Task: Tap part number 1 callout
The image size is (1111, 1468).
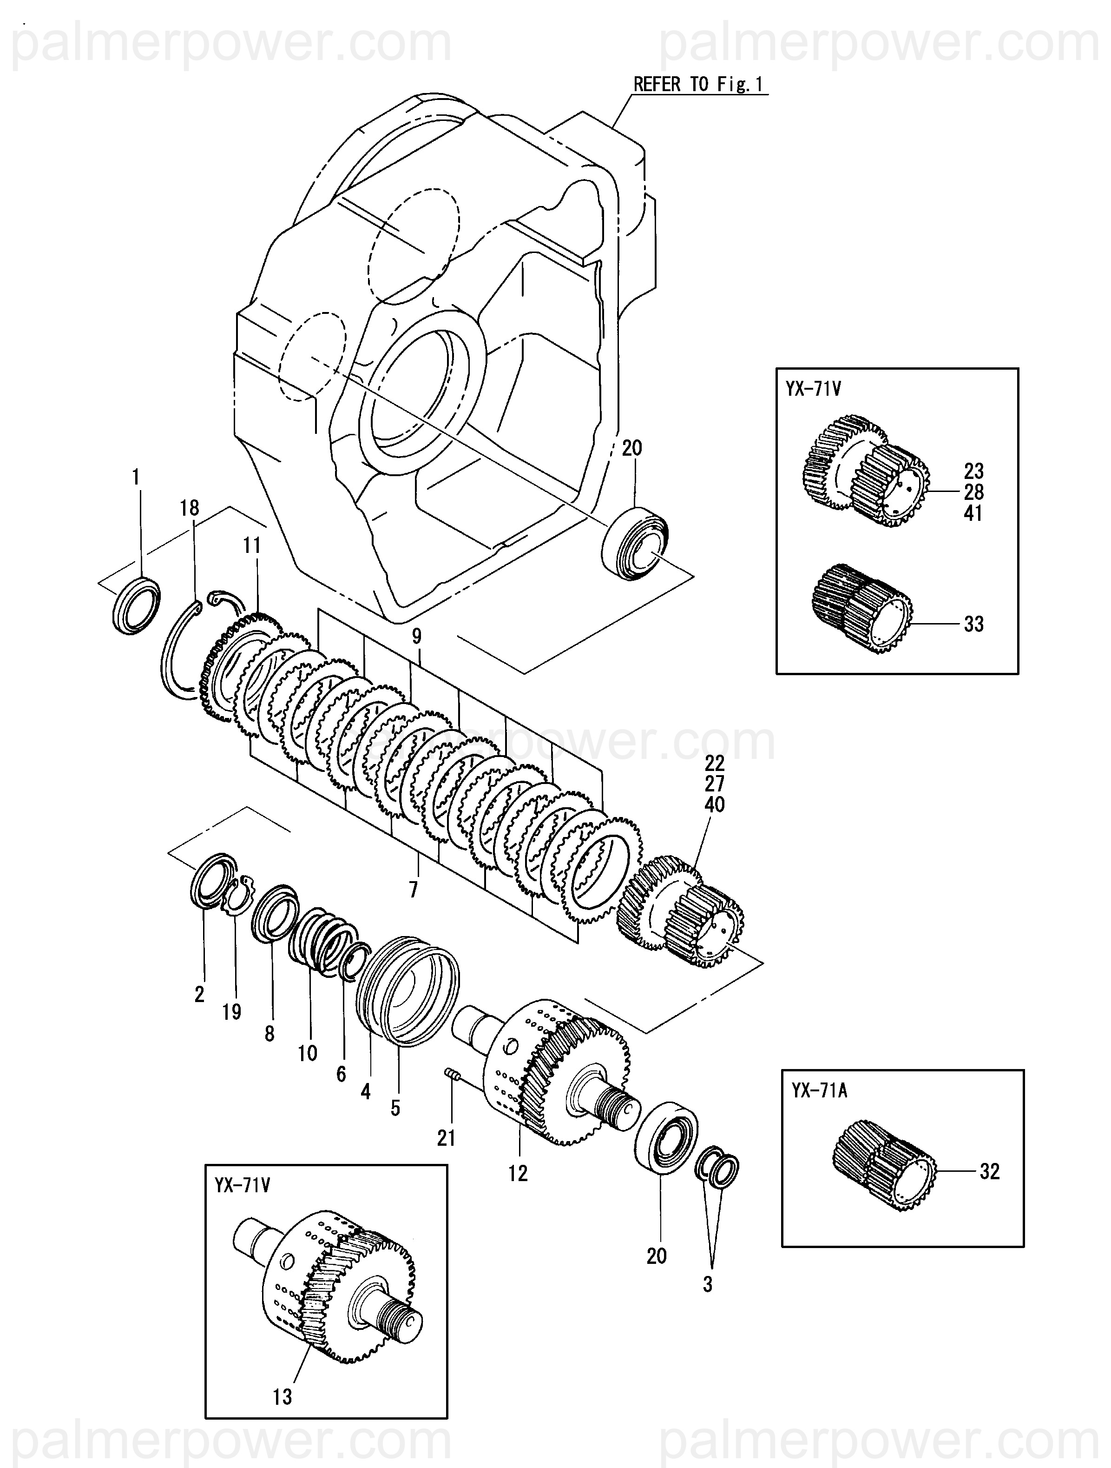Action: pos(136,477)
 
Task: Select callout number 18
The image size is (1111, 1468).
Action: pos(189,508)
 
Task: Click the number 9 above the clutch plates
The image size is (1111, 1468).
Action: pos(416,637)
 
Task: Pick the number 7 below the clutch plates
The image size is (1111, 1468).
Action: pos(414,889)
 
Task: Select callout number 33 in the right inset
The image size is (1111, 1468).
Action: pos(974,624)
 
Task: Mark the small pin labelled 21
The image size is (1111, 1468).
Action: pos(451,1072)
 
